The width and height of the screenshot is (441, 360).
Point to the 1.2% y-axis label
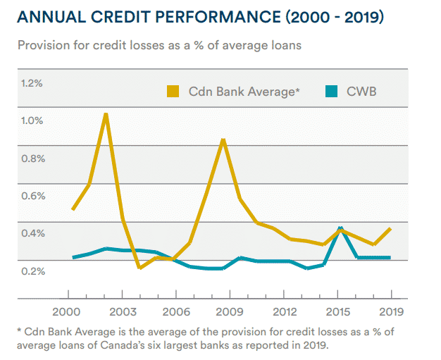click(32, 83)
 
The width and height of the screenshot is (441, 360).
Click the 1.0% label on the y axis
click(32, 120)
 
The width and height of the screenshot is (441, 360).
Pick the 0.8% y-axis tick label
click(32, 158)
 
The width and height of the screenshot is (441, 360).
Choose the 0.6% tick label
click(32, 196)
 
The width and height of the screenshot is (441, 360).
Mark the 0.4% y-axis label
click(32, 233)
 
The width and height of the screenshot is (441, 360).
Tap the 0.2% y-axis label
click(32, 271)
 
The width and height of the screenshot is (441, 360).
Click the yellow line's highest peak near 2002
click(106, 114)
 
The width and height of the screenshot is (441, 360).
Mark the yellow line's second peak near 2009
click(223, 140)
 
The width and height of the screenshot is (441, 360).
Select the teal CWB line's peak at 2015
click(341, 228)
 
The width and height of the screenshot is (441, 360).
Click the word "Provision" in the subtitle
click(41, 46)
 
